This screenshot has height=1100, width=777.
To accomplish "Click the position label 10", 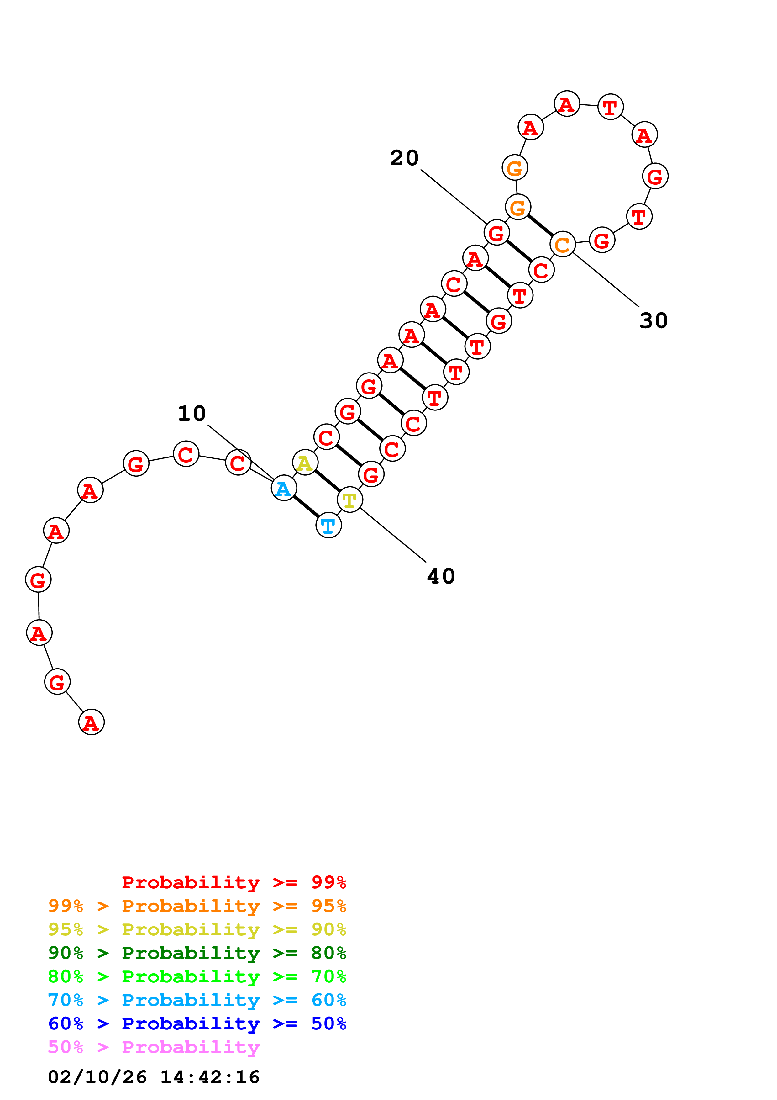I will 192,414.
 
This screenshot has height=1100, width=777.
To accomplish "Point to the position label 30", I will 654,320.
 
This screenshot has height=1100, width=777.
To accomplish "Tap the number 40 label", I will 440,576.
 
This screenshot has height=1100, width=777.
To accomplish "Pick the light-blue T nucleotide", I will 328,526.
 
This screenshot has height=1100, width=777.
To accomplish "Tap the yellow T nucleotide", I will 349,500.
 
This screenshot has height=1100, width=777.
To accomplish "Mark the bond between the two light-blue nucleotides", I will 306,507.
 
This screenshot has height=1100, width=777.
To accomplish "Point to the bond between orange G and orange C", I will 540,226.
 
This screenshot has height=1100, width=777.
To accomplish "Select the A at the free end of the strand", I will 91,722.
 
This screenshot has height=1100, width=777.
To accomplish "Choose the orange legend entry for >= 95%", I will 197,906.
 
